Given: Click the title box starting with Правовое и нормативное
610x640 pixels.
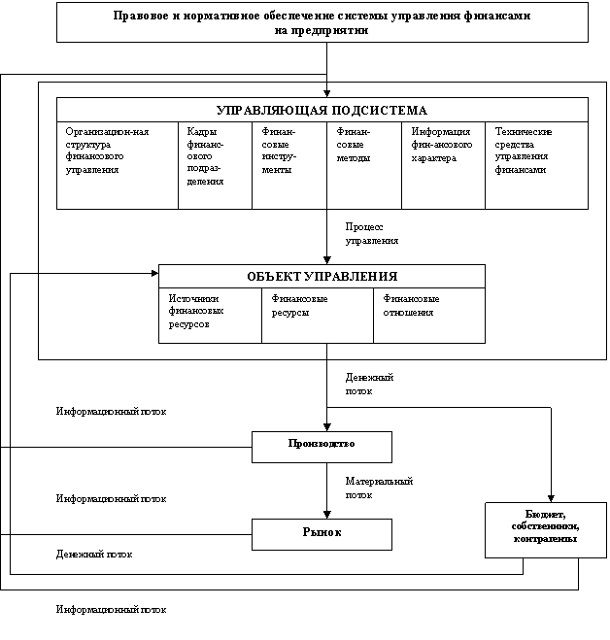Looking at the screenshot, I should [322, 22].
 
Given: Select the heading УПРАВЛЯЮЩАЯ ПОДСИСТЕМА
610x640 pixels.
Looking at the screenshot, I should [322, 110].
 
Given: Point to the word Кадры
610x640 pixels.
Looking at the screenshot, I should [201, 132].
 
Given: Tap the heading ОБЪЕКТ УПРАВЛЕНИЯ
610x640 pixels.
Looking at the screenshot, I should [322, 277].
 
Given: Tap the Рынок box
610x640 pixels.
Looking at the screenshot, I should [322, 532].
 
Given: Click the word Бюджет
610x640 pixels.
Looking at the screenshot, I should [545, 514].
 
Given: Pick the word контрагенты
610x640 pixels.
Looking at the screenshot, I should [545, 539].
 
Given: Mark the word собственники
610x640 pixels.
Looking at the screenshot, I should [545, 526].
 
